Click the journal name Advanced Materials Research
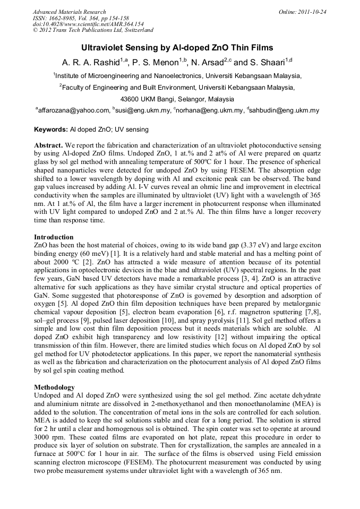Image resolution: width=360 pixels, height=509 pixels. point(69,12)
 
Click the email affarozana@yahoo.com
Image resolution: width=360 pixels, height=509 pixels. point(73,110)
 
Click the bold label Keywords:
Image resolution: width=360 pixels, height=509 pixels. point(51,130)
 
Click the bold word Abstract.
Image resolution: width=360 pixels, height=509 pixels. point(49,145)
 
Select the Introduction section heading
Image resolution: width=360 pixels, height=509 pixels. point(54,237)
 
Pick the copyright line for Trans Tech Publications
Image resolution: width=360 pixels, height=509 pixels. point(93,30)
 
